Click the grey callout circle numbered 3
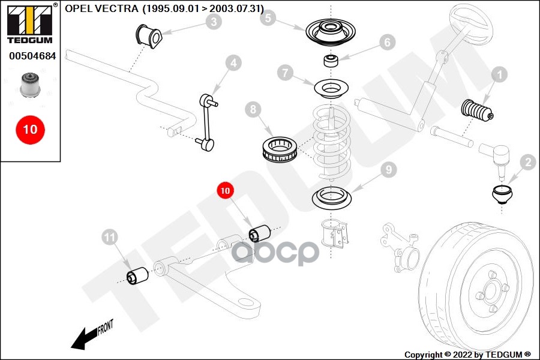point(214,22)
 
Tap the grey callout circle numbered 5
point(268,17)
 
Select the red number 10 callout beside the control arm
point(225,191)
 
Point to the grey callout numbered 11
point(110,238)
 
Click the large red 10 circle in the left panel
point(31,130)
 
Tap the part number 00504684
point(32,56)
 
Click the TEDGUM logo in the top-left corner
point(31,23)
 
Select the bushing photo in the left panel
point(31,85)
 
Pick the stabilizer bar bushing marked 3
point(148,36)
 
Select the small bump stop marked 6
point(331,60)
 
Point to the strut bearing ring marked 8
point(279,150)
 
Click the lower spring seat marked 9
point(331,198)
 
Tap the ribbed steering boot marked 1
point(477,110)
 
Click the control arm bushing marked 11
point(137,276)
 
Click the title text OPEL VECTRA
point(101,8)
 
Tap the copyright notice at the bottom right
point(467,355)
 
